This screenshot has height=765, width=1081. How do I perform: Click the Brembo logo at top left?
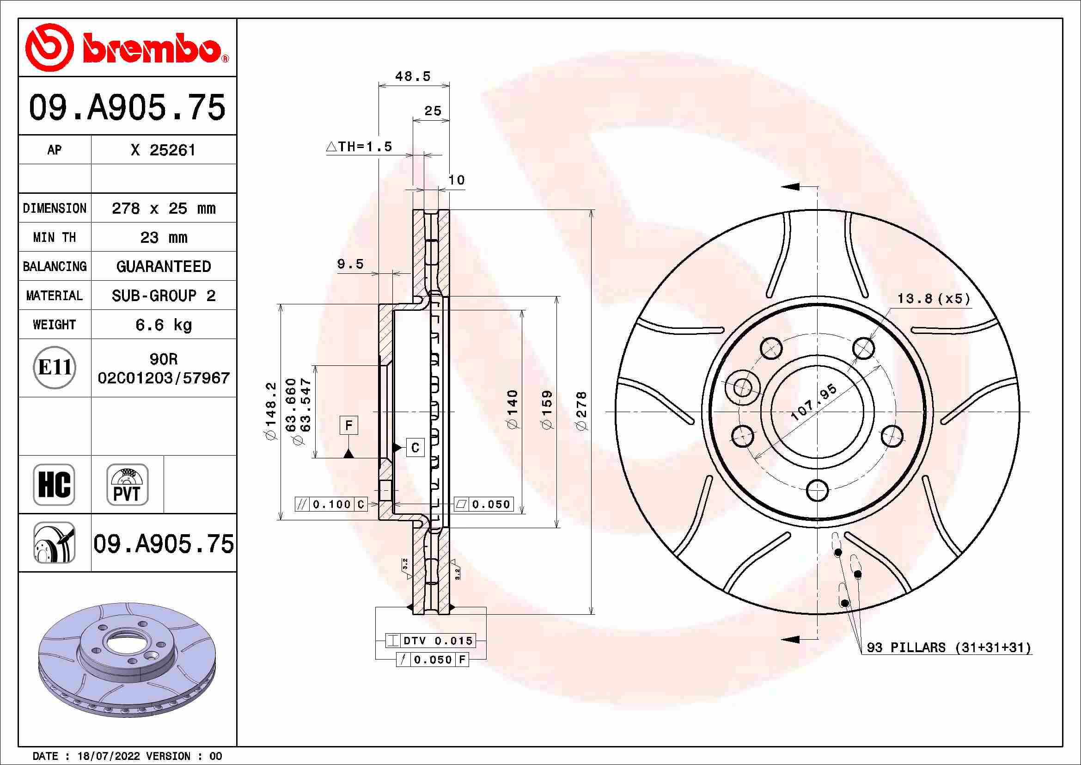126,48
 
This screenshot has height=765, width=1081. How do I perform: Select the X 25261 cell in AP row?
163,150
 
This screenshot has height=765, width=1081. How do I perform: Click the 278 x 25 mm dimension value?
163,208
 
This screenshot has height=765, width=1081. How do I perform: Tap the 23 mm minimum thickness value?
163,237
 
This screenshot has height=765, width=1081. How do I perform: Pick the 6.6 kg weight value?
163,325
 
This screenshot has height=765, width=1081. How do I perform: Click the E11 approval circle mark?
55,367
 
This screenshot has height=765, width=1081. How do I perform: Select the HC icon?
54,485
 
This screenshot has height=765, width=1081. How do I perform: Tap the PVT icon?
127,485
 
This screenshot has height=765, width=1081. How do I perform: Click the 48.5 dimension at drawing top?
413,76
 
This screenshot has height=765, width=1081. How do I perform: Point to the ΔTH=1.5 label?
359,147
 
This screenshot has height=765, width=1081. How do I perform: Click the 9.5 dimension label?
350,264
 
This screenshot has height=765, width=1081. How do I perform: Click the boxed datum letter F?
348,426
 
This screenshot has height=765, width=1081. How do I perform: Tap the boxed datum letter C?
415,448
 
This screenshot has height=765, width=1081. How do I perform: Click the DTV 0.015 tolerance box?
430,641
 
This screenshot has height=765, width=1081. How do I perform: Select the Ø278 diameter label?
582,411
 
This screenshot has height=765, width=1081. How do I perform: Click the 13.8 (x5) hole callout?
934,299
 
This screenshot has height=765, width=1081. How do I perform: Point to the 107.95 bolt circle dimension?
813,402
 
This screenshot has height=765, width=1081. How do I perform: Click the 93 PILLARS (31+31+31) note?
949,647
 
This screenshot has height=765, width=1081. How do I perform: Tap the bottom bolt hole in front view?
818,490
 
